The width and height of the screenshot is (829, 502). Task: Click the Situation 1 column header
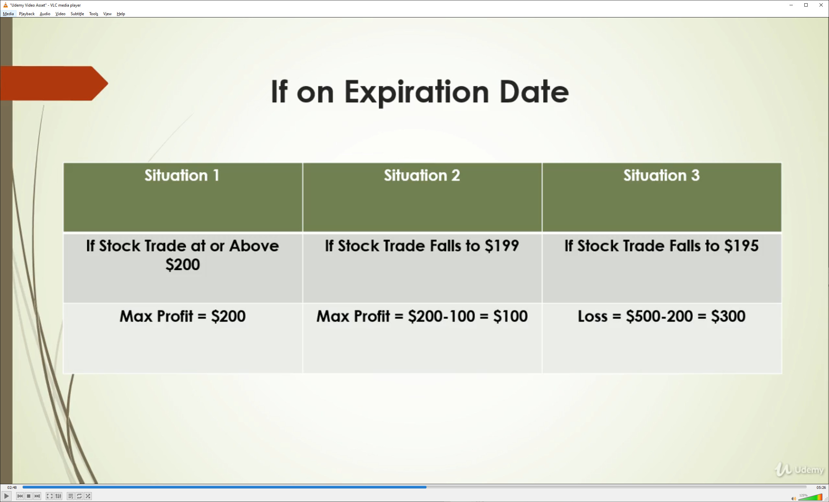(x=182, y=175)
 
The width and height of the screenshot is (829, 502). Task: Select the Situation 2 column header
(x=422, y=175)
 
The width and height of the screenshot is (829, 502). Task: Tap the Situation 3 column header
(x=661, y=175)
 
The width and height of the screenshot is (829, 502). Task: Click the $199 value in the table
(x=502, y=246)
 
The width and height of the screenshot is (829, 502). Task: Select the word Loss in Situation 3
(x=592, y=316)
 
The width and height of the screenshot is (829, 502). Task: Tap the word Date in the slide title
(x=534, y=92)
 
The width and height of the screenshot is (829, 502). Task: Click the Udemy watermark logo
(x=799, y=469)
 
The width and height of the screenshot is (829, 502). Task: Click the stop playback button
(x=29, y=496)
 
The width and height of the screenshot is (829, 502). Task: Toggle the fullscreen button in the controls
(x=49, y=496)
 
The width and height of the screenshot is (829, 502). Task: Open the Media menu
(x=8, y=14)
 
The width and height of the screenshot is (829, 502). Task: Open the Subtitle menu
(x=77, y=14)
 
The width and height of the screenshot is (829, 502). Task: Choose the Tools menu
(x=93, y=14)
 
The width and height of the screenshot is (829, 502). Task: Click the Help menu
(x=121, y=14)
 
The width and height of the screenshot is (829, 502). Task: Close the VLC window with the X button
(x=820, y=5)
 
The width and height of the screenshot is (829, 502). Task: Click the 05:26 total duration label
(x=821, y=487)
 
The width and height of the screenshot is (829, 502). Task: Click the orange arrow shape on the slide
(x=54, y=83)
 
